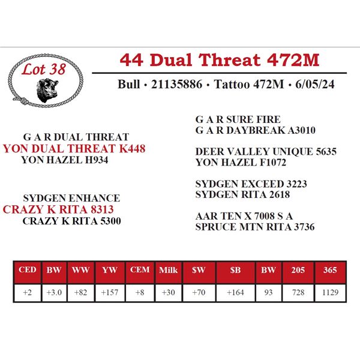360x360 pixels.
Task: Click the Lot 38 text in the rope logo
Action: [44, 69]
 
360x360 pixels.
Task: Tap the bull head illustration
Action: [47, 90]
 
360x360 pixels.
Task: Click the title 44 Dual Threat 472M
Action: [219, 60]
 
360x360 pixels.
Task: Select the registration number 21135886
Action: [176, 84]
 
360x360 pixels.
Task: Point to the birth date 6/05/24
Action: [315, 84]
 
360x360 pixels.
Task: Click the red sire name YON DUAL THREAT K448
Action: [74, 148]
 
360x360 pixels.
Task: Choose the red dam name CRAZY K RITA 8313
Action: [58, 209]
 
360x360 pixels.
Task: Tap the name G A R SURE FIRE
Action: [238, 119]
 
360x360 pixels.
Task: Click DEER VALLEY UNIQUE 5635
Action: [266, 151]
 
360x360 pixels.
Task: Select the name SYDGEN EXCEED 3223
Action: [251, 184]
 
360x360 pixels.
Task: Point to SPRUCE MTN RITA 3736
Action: [255, 227]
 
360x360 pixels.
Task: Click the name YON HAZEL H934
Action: [65, 160]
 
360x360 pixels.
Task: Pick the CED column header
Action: [28, 269]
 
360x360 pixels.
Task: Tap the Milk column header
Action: [168, 270]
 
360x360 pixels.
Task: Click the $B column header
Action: [235, 270]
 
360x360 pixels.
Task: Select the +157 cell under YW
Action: [110, 292]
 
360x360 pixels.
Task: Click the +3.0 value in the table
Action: [54, 292]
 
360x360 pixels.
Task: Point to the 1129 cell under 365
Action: [330, 292]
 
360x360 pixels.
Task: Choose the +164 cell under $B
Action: [235, 292]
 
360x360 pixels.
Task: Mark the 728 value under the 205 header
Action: [298, 292]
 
